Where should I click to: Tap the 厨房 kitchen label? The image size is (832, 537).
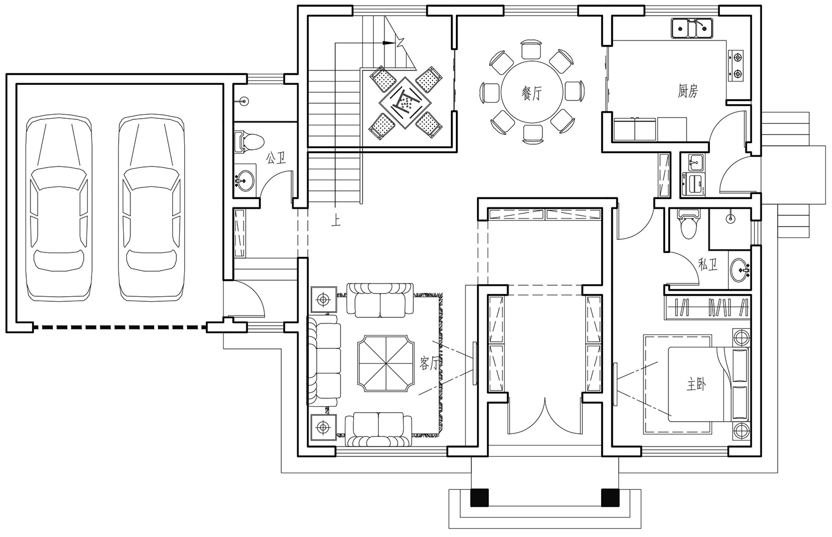[x=688, y=90]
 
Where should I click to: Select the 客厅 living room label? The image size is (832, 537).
[x=429, y=363]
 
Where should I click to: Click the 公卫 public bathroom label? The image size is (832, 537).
[x=276, y=159]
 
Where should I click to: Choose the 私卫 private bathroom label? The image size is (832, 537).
[x=708, y=265]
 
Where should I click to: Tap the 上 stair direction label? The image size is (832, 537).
[x=336, y=221]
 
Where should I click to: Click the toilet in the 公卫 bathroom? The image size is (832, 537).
[x=249, y=141]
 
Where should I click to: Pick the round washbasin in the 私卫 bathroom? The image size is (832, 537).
[x=740, y=270]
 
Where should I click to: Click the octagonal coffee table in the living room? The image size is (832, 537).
[x=385, y=363]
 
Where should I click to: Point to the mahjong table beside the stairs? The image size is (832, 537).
[x=405, y=102]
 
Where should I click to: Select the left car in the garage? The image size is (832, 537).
[x=59, y=208]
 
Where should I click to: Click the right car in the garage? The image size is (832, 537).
[x=151, y=208]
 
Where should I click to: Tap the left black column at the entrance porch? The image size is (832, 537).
[x=479, y=498]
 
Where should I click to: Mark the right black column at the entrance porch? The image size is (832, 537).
[x=610, y=498]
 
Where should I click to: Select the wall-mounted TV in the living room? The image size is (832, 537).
[x=475, y=363]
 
